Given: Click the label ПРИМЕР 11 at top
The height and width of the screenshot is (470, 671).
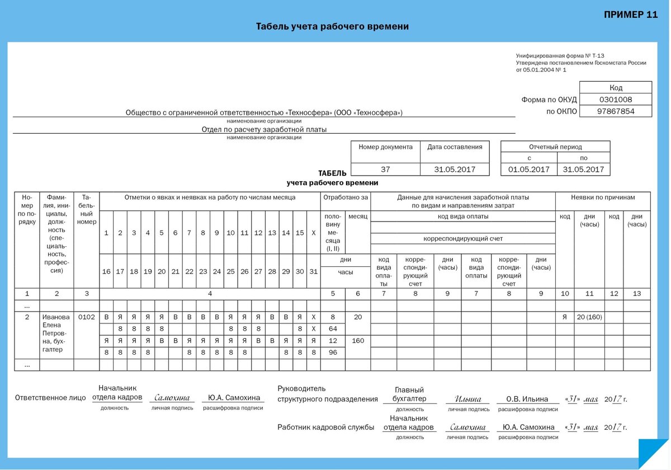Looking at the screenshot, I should [x=631, y=15].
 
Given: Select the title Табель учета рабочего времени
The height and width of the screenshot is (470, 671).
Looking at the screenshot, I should [x=332, y=26].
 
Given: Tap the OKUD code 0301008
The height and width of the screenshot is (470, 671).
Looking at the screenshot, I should [x=616, y=99].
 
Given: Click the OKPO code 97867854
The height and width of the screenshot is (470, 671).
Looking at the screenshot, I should [x=616, y=111].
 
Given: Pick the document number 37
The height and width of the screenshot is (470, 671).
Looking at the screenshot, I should [x=385, y=170].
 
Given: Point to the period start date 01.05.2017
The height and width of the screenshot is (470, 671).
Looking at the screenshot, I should [x=528, y=170].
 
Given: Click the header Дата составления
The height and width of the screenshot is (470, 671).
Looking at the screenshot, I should [x=454, y=147].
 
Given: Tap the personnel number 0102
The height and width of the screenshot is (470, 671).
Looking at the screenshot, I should [x=86, y=317].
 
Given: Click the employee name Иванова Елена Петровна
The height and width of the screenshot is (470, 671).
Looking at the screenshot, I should [x=56, y=333].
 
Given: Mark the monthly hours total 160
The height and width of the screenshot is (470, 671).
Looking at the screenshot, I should [x=358, y=340].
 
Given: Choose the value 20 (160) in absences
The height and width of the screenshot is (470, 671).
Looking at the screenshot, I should [x=589, y=317].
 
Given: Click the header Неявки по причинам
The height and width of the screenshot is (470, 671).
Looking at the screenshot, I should [x=602, y=197].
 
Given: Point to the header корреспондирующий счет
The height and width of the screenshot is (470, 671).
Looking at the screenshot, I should [x=462, y=238].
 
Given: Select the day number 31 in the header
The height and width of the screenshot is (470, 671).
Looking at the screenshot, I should [x=313, y=271].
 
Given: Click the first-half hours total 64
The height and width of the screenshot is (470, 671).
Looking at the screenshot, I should [x=333, y=328].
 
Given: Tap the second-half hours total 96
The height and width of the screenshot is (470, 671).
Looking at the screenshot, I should [x=333, y=352].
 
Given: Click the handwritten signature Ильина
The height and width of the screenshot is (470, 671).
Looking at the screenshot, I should [x=467, y=399].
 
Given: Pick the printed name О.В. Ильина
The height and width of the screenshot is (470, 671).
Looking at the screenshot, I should [x=527, y=399].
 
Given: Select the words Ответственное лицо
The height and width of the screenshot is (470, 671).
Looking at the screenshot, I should [x=50, y=398].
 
